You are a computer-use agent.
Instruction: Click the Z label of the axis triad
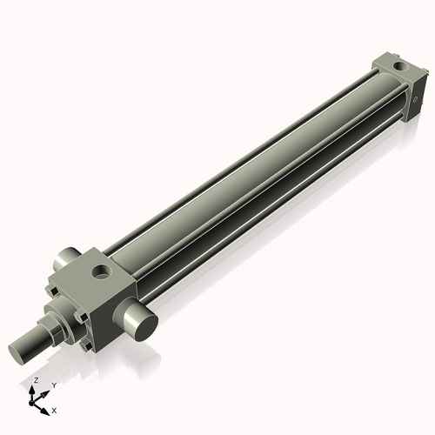35,381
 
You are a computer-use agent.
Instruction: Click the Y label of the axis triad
54,385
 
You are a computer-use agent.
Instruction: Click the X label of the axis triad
55,409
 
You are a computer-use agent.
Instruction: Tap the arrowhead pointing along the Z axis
34,389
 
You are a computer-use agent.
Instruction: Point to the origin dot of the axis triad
35,401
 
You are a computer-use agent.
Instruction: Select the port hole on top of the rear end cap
399,65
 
